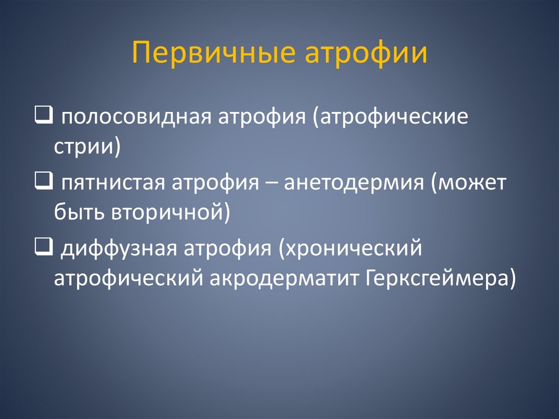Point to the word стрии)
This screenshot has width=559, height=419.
point(87,146)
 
